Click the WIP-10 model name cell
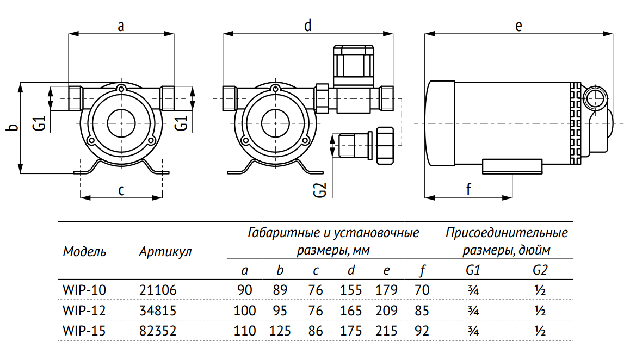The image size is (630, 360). click(84, 290)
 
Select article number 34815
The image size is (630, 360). click(158, 311)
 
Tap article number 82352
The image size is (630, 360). click(158, 331)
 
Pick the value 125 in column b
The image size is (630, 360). click(280, 331)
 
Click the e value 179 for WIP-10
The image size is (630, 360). click(386, 290)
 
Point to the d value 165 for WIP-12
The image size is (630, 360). click(351, 311)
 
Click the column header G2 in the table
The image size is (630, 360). click(540, 270)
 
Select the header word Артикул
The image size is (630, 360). click(165, 252)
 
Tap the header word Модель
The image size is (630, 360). click(85, 252)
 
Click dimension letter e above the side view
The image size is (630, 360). click(518, 26)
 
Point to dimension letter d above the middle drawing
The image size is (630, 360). click(307, 26)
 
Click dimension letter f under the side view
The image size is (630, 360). click(468, 189)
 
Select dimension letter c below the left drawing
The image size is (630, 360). click(121, 190)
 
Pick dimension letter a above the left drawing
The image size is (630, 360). click(121, 26)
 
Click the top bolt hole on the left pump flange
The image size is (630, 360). click(121, 89)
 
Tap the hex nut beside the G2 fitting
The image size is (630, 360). click(385, 145)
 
